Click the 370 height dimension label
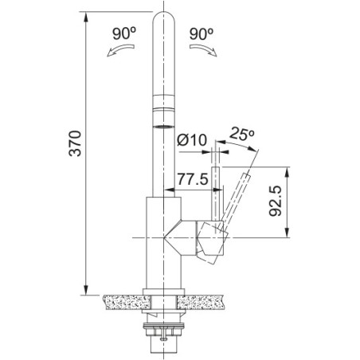(x=75, y=143)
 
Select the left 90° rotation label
(x=124, y=33)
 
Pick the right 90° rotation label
(x=202, y=33)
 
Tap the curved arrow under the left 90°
(x=121, y=49)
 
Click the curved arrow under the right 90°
(x=203, y=49)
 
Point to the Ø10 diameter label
(x=192, y=140)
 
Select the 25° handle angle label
(x=242, y=134)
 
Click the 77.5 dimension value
(x=193, y=179)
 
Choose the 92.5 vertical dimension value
(x=275, y=201)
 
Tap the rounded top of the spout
(x=164, y=17)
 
